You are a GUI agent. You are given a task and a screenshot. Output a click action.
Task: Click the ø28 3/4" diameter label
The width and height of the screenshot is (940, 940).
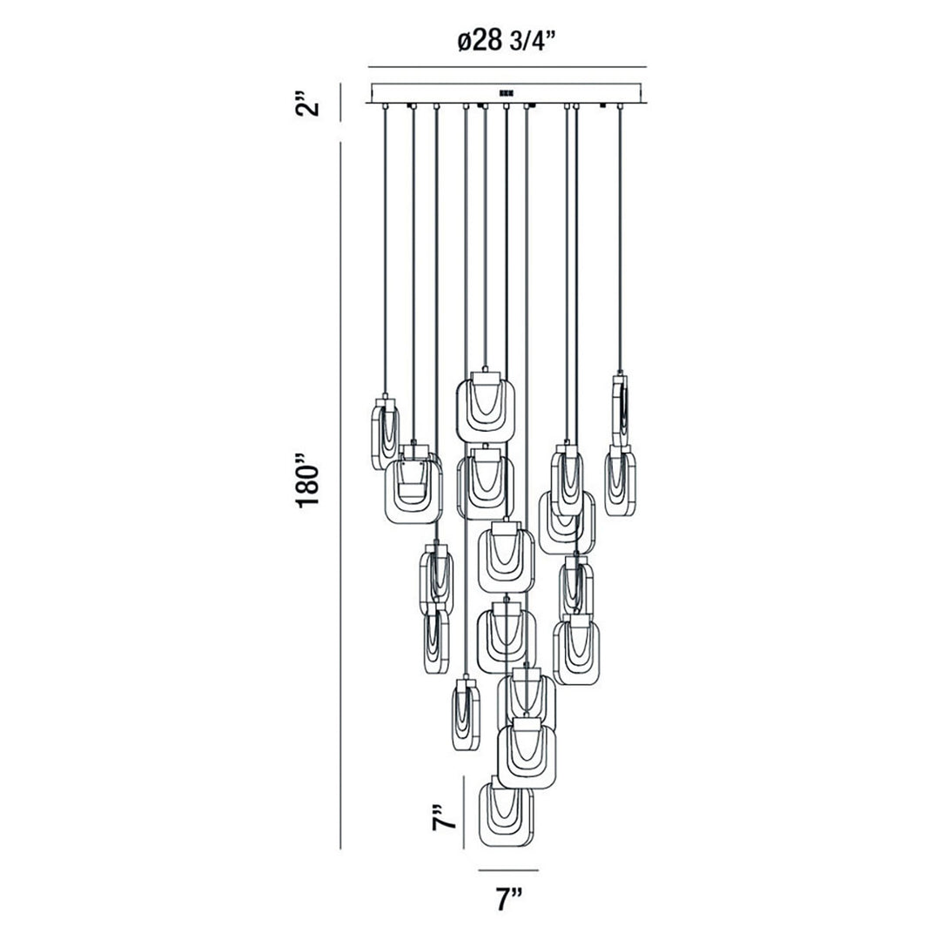coord(508,41)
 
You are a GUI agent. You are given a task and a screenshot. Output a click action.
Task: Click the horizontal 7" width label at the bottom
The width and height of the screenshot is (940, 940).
coord(507,899)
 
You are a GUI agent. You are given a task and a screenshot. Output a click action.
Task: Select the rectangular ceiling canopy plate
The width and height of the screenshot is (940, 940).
coord(507,92)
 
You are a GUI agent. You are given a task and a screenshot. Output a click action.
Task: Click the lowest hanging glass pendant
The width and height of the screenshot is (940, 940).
coord(507,815)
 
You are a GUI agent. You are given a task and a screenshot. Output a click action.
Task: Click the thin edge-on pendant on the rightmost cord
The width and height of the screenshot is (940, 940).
coord(621,409)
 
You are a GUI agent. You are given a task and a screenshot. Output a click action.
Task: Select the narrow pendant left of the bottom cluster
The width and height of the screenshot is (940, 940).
coord(466,716)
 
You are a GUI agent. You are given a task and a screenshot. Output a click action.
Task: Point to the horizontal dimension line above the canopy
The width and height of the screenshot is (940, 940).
coord(507,67)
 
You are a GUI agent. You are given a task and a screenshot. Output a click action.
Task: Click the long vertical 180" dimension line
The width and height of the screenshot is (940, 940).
coord(340,496)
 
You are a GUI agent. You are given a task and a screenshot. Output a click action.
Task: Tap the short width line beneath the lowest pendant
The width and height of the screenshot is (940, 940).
coord(507,869)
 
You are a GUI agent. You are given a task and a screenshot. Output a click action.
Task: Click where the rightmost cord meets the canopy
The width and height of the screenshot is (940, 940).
coord(620,106)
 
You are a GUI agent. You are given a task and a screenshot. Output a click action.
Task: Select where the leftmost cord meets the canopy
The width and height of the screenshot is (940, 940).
coord(383,106)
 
